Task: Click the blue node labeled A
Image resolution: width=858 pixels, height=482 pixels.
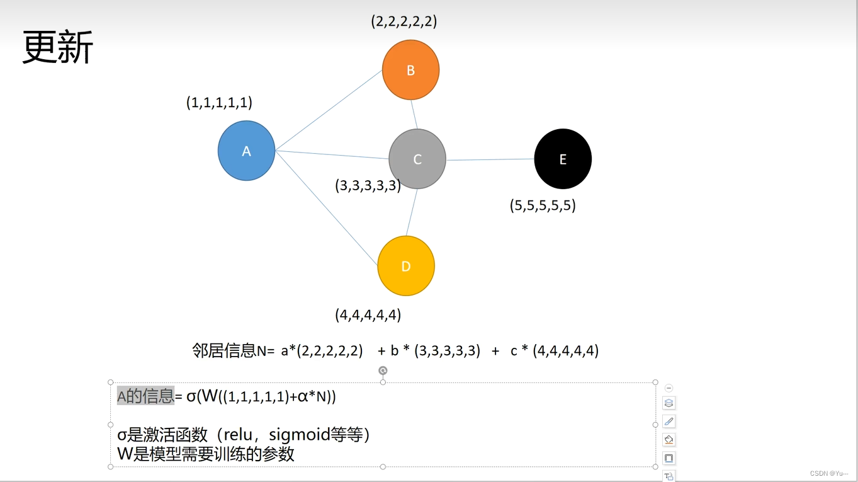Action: pyautogui.click(x=246, y=151)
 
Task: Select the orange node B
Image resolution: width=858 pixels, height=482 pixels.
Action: pyautogui.click(x=410, y=70)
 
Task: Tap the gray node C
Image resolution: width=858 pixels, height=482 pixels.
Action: pyautogui.click(x=417, y=159)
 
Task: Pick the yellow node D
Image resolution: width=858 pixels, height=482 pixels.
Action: pyautogui.click(x=406, y=266)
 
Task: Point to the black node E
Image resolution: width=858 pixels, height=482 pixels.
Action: pyautogui.click(x=563, y=159)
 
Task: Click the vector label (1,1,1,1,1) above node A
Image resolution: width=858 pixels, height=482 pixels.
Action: pyautogui.click(x=219, y=102)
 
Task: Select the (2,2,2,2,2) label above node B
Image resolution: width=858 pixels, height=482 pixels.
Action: pyautogui.click(x=404, y=21)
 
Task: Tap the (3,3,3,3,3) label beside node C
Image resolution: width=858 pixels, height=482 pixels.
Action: pyautogui.click(x=368, y=185)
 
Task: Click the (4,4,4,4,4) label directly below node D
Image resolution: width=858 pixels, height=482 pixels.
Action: pyautogui.click(x=368, y=314)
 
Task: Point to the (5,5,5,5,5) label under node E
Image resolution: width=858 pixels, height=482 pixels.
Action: pyautogui.click(x=543, y=205)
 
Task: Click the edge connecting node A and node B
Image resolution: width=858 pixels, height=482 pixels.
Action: pyautogui.click(x=329, y=110)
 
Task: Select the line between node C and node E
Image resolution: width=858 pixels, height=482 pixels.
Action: pyautogui.click(x=490, y=159)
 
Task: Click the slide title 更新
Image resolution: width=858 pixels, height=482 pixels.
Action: pyautogui.click(x=58, y=47)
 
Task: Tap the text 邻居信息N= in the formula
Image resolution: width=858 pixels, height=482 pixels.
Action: pyautogui.click(x=234, y=351)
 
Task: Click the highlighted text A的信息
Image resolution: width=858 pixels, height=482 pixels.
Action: pyautogui.click(x=145, y=396)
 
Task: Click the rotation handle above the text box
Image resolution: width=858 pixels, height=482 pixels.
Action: pyautogui.click(x=383, y=370)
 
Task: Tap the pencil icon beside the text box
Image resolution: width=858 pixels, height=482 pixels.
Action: pyautogui.click(x=669, y=422)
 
